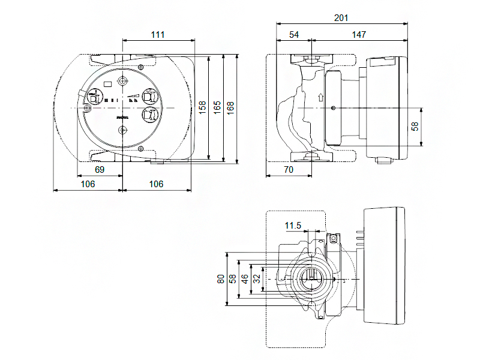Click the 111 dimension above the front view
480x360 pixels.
(x=157, y=35)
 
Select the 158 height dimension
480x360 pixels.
(x=203, y=107)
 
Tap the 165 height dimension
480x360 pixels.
(x=217, y=107)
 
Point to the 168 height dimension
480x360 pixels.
(x=231, y=107)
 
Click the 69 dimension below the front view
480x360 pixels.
(x=100, y=170)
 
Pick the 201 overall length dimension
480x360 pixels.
(x=341, y=18)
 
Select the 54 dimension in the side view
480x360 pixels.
(x=294, y=35)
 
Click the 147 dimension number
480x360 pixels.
(x=359, y=35)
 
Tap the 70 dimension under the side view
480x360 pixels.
(x=288, y=170)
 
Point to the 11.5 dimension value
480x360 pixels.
(x=293, y=226)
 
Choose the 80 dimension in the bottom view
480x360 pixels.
(x=221, y=279)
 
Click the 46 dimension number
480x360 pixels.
(x=245, y=279)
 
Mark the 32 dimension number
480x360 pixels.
(x=257, y=279)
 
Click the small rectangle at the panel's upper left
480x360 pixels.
(x=107, y=84)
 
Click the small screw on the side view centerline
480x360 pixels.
(x=333, y=109)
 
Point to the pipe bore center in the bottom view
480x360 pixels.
(x=310, y=279)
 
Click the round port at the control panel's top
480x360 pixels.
(x=122, y=81)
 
